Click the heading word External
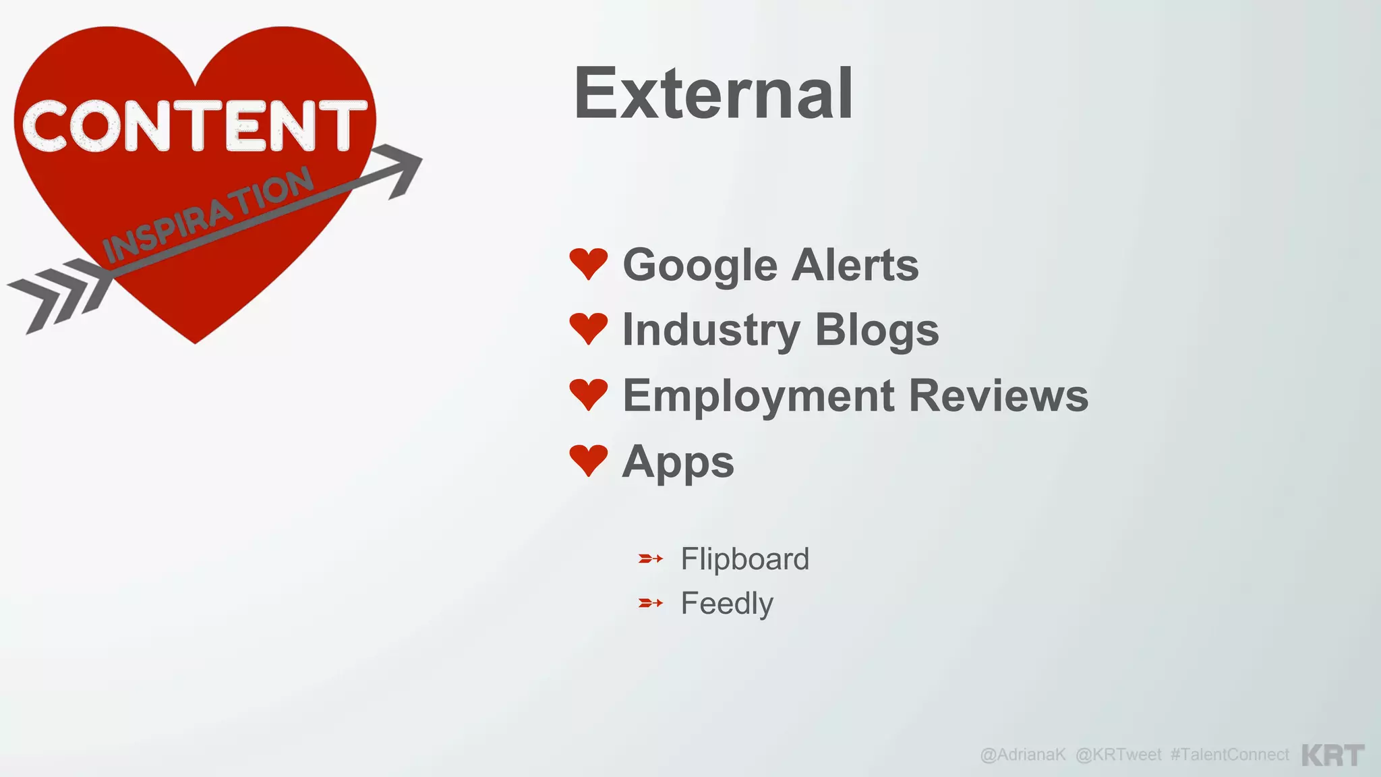[713, 94]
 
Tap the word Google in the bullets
[701, 265]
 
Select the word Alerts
[855, 265]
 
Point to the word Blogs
[877, 330]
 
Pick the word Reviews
[999, 395]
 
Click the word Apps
[678, 463]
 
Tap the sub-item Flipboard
[744, 559]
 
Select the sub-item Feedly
[727, 604]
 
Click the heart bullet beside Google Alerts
[589, 263]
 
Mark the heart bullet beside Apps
[589, 461]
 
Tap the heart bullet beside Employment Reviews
[589, 394]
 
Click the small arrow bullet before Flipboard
[651, 558]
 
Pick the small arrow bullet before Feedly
[651, 603]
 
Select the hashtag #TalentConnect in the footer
[1229, 755]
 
